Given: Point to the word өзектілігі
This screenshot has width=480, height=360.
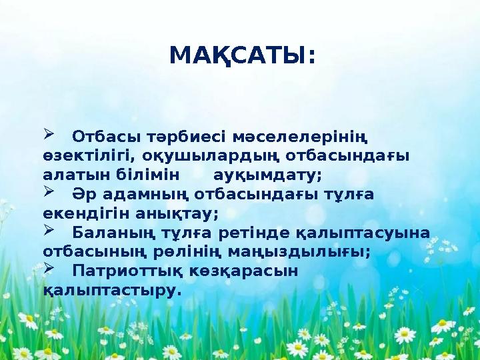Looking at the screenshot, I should point(83,157).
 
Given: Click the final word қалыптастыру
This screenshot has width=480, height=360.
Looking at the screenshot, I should point(111,291).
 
